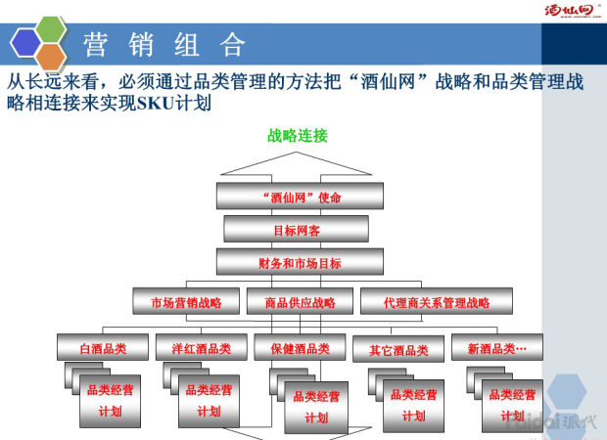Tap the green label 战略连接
298,135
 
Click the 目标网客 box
296,230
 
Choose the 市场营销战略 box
186,302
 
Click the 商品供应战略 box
300,302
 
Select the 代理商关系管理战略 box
437,302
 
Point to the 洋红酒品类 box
200,348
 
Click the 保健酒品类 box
299,348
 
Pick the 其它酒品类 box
398,349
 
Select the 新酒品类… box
496,348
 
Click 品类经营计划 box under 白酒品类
111,400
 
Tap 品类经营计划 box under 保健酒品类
316,406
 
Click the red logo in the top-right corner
570,12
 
